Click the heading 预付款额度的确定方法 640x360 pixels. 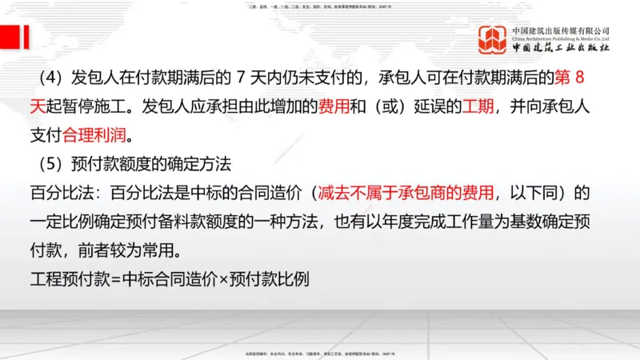[x=148, y=163]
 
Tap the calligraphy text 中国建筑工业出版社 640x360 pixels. [x=561, y=48]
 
